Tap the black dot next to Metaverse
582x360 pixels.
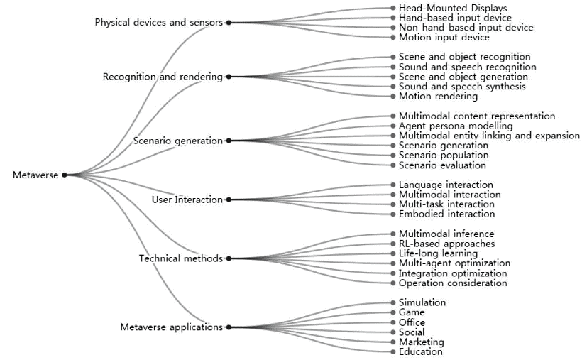coord(65,175)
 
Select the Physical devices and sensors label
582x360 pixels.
coord(159,23)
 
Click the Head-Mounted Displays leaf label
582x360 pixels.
coord(453,8)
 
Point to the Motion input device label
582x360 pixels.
coord(444,38)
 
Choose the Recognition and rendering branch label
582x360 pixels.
coord(163,77)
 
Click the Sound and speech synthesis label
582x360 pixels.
coord(462,87)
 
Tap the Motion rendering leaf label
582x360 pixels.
coord(438,97)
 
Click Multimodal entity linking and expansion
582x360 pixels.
coord(489,136)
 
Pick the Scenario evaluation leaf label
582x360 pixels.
coord(442,165)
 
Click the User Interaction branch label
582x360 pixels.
coord(187,200)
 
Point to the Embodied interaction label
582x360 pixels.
coord(446,214)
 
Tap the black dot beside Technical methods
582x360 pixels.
coord(229,258)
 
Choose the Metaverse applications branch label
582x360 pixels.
coord(171,327)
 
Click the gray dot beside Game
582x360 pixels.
coord(392,312)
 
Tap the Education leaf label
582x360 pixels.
coord(420,351)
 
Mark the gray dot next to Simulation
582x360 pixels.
coord(392,302)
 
